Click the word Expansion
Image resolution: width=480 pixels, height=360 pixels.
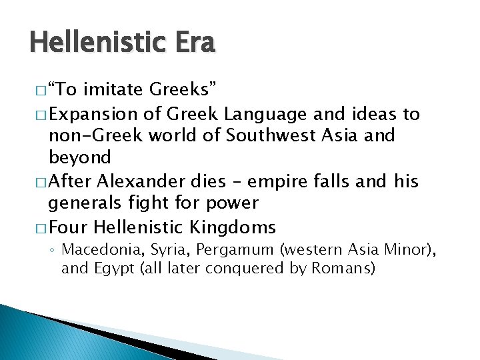[91, 114]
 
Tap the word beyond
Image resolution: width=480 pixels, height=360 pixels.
[80, 157]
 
